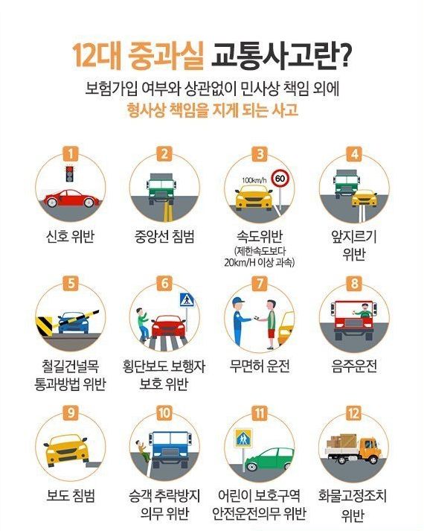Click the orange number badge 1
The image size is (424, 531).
tap(71, 155)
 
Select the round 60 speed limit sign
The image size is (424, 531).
tap(280, 179)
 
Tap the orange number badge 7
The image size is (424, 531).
tap(259, 284)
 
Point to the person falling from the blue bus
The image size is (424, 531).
tap(141, 449)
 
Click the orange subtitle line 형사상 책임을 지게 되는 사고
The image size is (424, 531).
tap(212, 112)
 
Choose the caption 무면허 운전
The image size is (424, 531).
tap(259, 366)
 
